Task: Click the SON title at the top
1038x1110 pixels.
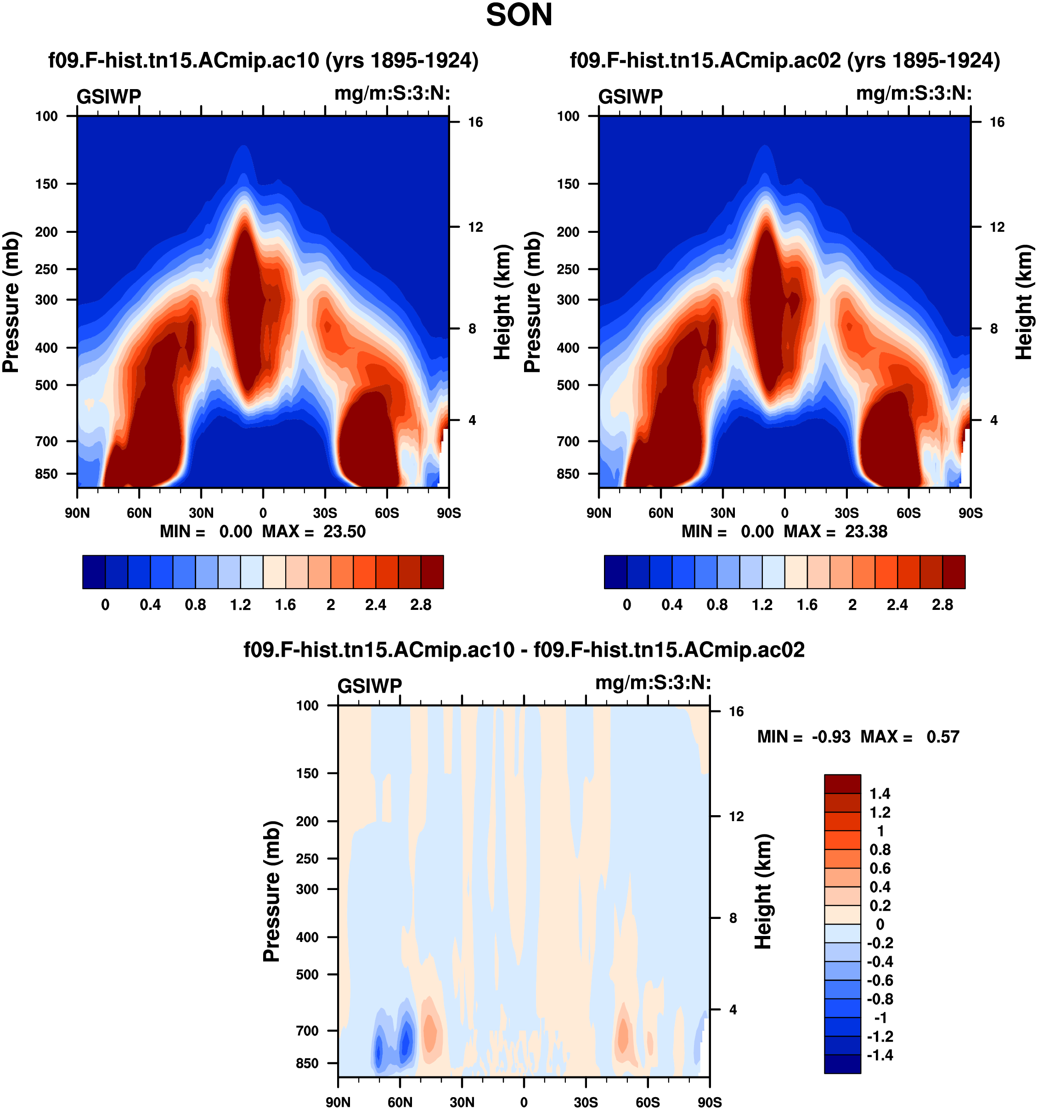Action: (x=519, y=15)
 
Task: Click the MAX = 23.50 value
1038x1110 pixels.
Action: (x=314, y=531)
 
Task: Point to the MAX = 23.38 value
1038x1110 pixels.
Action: (x=835, y=531)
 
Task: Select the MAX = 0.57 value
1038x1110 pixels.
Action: (x=909, y=737)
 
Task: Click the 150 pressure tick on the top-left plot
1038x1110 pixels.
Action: (x=47, y=184)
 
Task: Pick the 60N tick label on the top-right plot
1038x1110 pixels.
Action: (x=660, y=513)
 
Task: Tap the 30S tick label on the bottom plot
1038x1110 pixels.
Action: (x=586, y=1102)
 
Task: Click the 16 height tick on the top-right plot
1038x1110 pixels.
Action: (x=997, y=122)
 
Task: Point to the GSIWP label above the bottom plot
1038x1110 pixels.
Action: (x=370, y=686)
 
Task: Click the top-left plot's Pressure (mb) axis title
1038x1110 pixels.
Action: (x=11, y=302)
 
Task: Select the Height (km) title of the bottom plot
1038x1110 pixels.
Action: (x=763, y=892)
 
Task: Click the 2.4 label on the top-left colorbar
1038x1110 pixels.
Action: (x=376, y=605)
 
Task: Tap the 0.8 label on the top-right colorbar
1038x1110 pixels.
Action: (x=717, y=605)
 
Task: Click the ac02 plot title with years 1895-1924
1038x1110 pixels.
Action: (x=784, y=60)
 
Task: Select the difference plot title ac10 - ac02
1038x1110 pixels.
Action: (x=524, y=650)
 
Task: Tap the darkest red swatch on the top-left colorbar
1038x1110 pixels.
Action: (x=432, y=572)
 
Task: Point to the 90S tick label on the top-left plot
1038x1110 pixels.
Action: (x=449, y=513)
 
